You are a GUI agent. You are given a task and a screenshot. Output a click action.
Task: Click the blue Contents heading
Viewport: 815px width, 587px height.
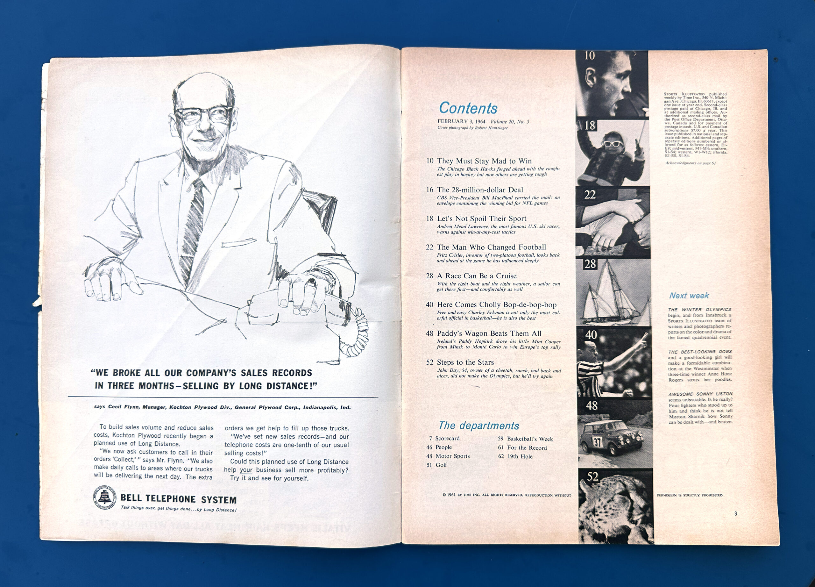468,108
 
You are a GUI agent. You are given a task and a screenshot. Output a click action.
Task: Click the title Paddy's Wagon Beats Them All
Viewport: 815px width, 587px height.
489,333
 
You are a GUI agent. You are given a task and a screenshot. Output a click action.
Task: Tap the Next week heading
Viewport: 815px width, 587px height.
689,296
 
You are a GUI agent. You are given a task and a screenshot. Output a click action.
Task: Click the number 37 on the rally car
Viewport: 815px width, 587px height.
597,442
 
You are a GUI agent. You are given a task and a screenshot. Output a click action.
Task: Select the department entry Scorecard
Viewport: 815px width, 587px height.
447,439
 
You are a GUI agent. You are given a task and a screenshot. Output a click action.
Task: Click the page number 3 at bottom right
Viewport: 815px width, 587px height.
736,514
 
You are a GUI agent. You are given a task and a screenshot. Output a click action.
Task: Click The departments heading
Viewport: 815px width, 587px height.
478,426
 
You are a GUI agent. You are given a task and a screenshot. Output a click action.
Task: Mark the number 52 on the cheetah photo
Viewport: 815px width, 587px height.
592,477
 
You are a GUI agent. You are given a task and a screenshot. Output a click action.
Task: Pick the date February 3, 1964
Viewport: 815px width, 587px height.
461,121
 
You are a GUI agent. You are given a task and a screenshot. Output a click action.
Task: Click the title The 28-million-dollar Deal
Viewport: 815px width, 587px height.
480,190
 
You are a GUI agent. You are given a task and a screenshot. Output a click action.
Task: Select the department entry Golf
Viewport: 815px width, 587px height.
441,465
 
